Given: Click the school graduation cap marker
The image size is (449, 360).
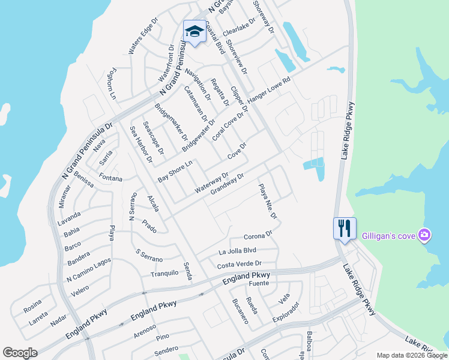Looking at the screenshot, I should [194, 31].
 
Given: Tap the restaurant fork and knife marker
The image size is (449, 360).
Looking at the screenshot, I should [345, 229].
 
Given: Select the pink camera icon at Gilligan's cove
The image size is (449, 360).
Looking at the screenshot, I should [424, 235].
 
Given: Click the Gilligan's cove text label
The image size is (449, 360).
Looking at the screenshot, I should [388, 235].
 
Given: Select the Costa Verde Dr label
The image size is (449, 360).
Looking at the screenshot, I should [240, 264].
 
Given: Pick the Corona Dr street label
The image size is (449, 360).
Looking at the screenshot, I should [258, 236].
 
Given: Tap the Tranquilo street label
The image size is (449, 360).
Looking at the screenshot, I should [164, 273].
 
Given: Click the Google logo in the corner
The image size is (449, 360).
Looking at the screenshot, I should [20, 353].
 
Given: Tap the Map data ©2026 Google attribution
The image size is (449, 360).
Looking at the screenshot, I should [411, 355].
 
